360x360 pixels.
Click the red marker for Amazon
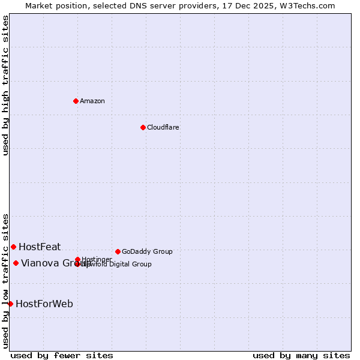pyautogui.click(x=76, y=101)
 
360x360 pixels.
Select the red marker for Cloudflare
pyautogui.click(x=143, y=127)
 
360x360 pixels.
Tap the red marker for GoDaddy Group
pyautogui.click(x=118, y=251)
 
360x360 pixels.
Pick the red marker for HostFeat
pyautogui.click(x=13, y=247)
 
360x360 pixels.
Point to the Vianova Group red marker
pyautogui.click(x=16, y=263)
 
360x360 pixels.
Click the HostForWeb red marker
pyautogui.click(x=10, y=304)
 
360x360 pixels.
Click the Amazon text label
pyautogui.click(x=92, y=101)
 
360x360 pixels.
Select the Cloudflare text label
pyautogui.click(x=163, y=127)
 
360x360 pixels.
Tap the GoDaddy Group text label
pyautogui.click(x=147, y=251)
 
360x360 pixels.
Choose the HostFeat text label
pyautogui.click(x=40, y=247)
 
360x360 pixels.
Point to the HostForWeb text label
pyautogui.click(x=44, y=304)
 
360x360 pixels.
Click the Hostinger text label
pyautogui.click(x=97, y=259)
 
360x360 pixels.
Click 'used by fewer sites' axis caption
pyautogui.click(x=62, y=355)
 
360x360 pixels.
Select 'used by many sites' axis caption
pyautogui.click(x=301, y=355)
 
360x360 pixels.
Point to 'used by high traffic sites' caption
pyautogui.click(x=5, y=85)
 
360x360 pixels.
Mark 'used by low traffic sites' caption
pyautogui.click(x=5, y=280)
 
